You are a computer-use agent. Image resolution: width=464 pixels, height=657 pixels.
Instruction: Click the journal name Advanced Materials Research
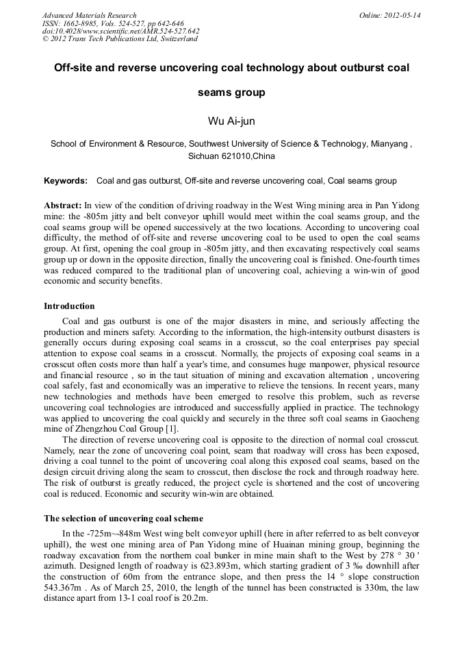click(89, 15)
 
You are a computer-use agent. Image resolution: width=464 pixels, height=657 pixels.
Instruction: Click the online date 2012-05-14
click(403, 15)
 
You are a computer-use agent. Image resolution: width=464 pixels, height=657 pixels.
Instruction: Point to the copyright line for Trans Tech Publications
click(120, 39)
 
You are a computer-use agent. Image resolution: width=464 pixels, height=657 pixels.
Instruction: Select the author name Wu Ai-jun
click(231, 121)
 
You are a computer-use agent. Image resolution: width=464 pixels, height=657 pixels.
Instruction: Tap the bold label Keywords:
click(66, 181)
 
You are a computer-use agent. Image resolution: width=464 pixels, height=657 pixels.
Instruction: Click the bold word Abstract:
click(63, 206)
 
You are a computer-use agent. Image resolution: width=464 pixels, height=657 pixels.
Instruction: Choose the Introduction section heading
click(69, 306)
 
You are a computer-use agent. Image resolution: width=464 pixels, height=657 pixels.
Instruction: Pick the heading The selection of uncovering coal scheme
click(123, 518)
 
